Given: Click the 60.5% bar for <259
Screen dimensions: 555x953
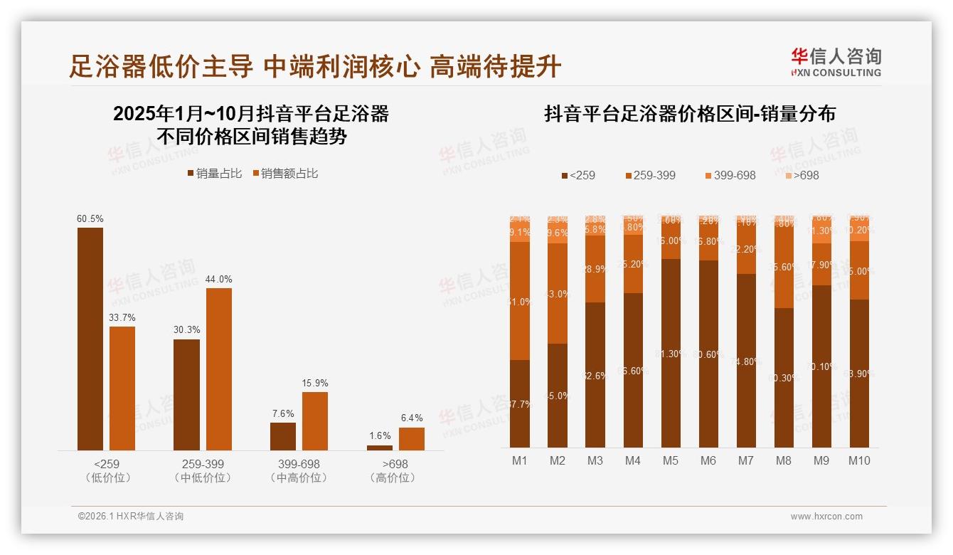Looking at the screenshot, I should coord(90,339).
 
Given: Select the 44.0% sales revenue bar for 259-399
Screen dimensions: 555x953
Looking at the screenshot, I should coord(219,369).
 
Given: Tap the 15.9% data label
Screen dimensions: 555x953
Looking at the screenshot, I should coord(315,383).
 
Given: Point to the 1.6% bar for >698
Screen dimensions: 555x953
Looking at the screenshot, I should coord(380,448).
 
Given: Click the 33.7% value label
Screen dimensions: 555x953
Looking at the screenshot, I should coord(122,317).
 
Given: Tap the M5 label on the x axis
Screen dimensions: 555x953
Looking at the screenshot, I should coord(671,460).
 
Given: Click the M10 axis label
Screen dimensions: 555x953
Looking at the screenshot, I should coord(859,460).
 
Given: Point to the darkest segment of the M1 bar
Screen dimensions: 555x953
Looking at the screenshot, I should coord(520,403).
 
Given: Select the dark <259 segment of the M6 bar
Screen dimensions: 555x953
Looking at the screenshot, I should coord(708,354).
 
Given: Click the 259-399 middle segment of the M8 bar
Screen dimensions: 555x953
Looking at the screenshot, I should coord(784,268).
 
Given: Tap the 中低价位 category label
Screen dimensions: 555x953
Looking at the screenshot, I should coord(203,477).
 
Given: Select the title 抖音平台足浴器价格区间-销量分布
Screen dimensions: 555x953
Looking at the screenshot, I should coord(689,114).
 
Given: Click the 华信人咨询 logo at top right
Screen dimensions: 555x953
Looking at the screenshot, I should coord(836,62).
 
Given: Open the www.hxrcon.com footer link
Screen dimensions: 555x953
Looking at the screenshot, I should coord(826,517).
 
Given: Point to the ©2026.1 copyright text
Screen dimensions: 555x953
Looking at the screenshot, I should coord(131,517).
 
